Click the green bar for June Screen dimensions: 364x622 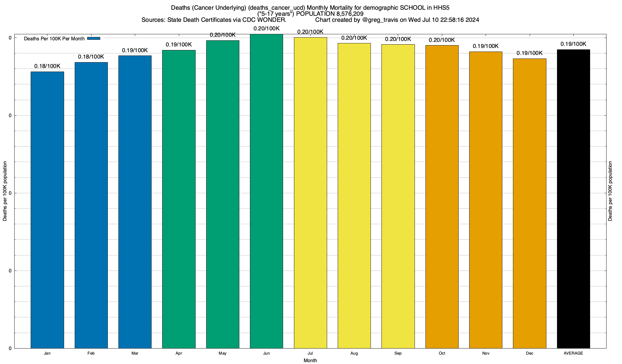[x=266, y=191]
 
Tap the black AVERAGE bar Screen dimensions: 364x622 [x=573, y=199]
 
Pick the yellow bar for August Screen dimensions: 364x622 [x=354, y=196]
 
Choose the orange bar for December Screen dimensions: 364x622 [x=529, y=203]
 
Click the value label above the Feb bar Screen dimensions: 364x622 [x=91, y=57]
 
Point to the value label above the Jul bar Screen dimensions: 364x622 [x=310, y=32]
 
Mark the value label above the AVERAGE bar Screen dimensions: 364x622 [x=573, y=44]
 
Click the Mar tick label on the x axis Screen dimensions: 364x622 [x=135, y=353]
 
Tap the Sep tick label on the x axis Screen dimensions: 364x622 [x=398, y=353]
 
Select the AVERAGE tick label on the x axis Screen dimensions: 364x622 [x=573, y=353]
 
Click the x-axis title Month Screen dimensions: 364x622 [x=310, y=360]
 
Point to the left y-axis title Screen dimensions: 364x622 [x=5, y=191]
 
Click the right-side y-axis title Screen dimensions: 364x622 [x=610, y=191]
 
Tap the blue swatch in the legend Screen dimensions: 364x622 [x=94, y=39]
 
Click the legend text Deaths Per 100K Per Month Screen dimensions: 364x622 [x=54, y=39]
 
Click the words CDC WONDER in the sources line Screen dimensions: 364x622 [x=264, y=20]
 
